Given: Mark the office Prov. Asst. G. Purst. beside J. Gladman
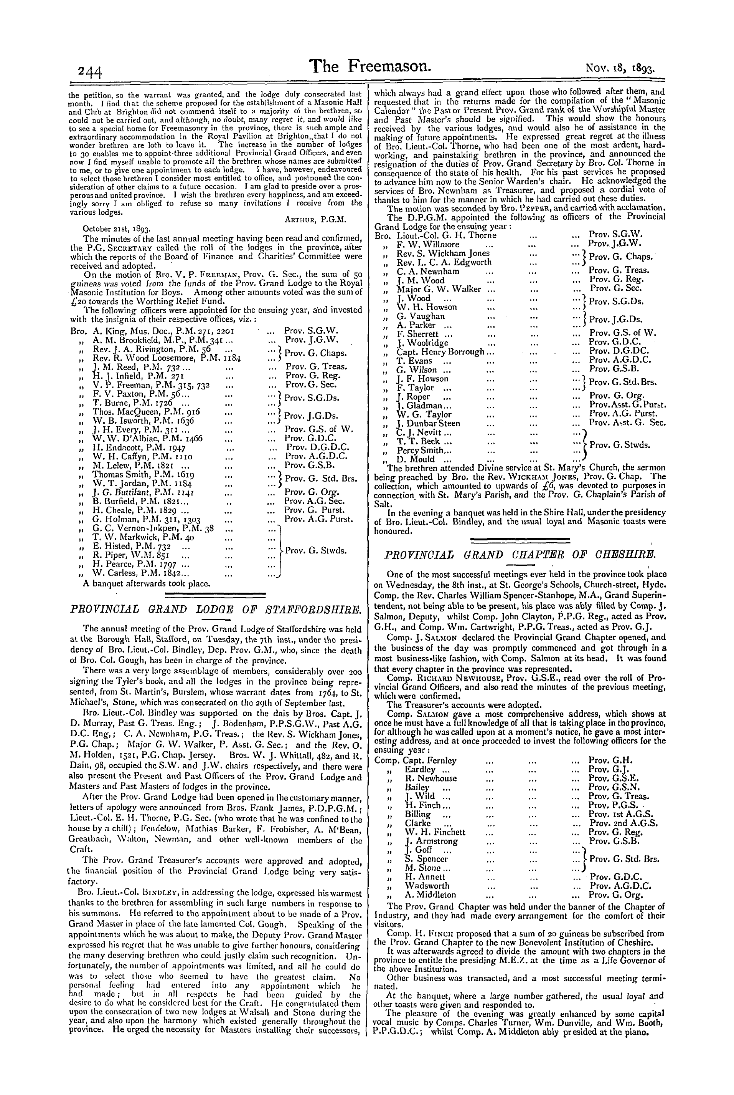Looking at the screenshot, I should (x=628, y=405).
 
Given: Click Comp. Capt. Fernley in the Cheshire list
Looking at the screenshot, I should (x=416, y=760).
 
